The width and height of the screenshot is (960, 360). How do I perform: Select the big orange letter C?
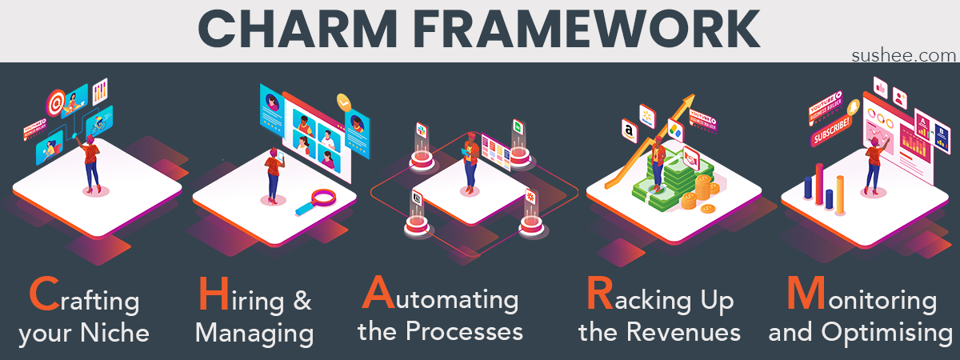coord(42,294)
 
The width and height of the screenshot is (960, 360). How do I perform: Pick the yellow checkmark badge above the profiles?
coord(344,102)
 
